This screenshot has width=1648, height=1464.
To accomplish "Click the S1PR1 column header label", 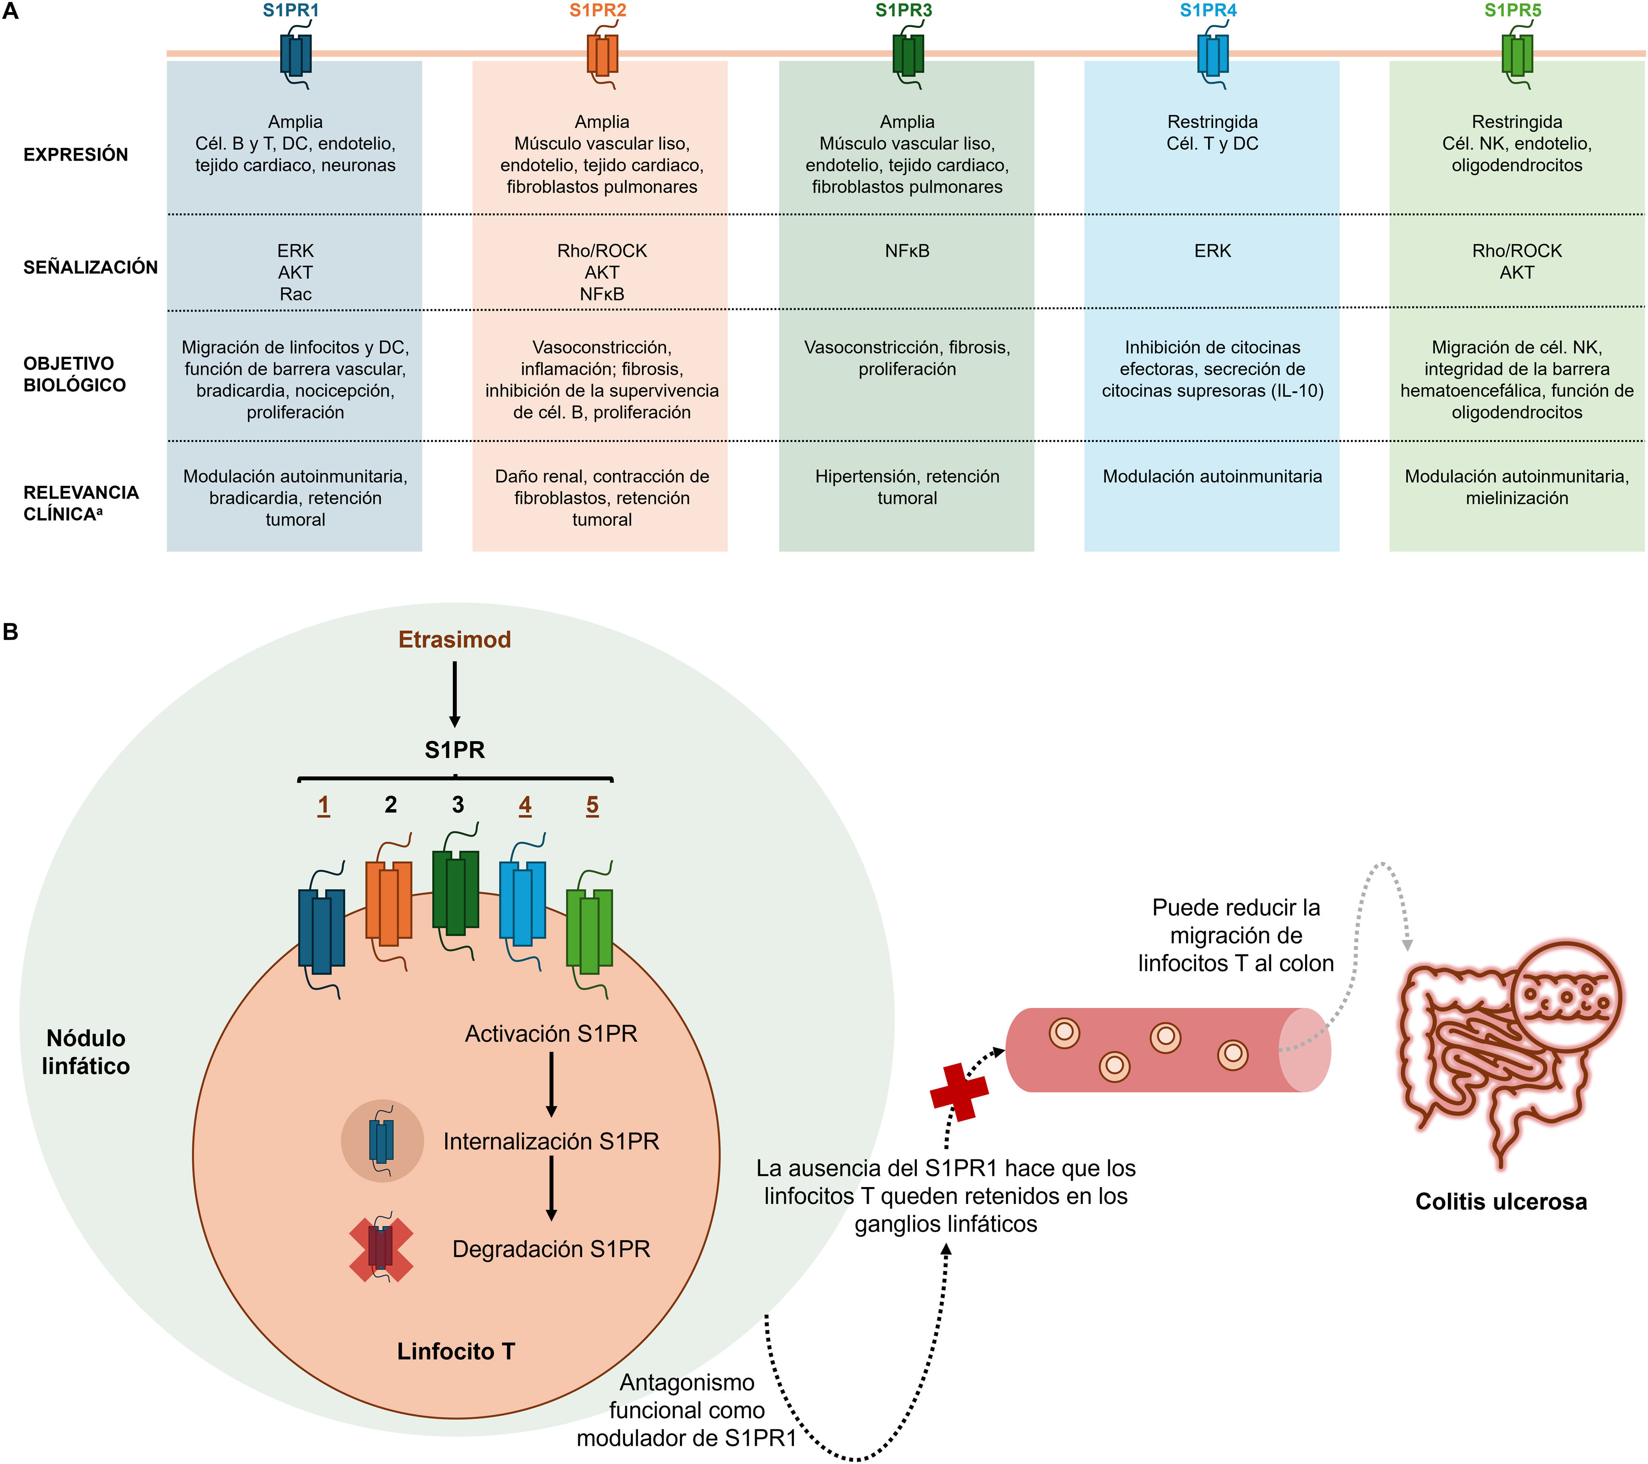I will pyautogui.click(x=290, y=11).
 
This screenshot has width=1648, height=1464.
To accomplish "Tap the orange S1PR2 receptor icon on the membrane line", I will pyautogui.click(x=602, y=55).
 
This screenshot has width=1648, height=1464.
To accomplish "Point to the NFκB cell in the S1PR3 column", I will pyautogui.click(x=907, y=251).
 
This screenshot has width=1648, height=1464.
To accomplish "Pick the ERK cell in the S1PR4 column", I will pyautogui.click(x=1212, y=251).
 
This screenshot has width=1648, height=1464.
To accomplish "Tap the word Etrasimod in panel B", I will pyautogui.click(x=455, y=640).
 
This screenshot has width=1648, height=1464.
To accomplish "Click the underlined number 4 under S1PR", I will pyautogui.click(x=525, y=805).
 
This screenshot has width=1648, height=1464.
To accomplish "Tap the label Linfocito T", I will pyautogui.click(x=456, y=1351).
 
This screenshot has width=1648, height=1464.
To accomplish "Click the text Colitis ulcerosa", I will pyautogui.click(x=1500, y=1202).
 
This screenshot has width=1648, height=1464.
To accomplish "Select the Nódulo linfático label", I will pyautogui.click(x=85, y=1052).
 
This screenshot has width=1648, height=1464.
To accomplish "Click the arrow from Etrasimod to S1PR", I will pyautogui.click(x=455, y=694).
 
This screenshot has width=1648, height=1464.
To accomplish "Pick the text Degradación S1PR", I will pyautogui.click(x=551, y=1249).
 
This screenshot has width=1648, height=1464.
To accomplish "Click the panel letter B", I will pyautogui.click(x=11, y=632).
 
